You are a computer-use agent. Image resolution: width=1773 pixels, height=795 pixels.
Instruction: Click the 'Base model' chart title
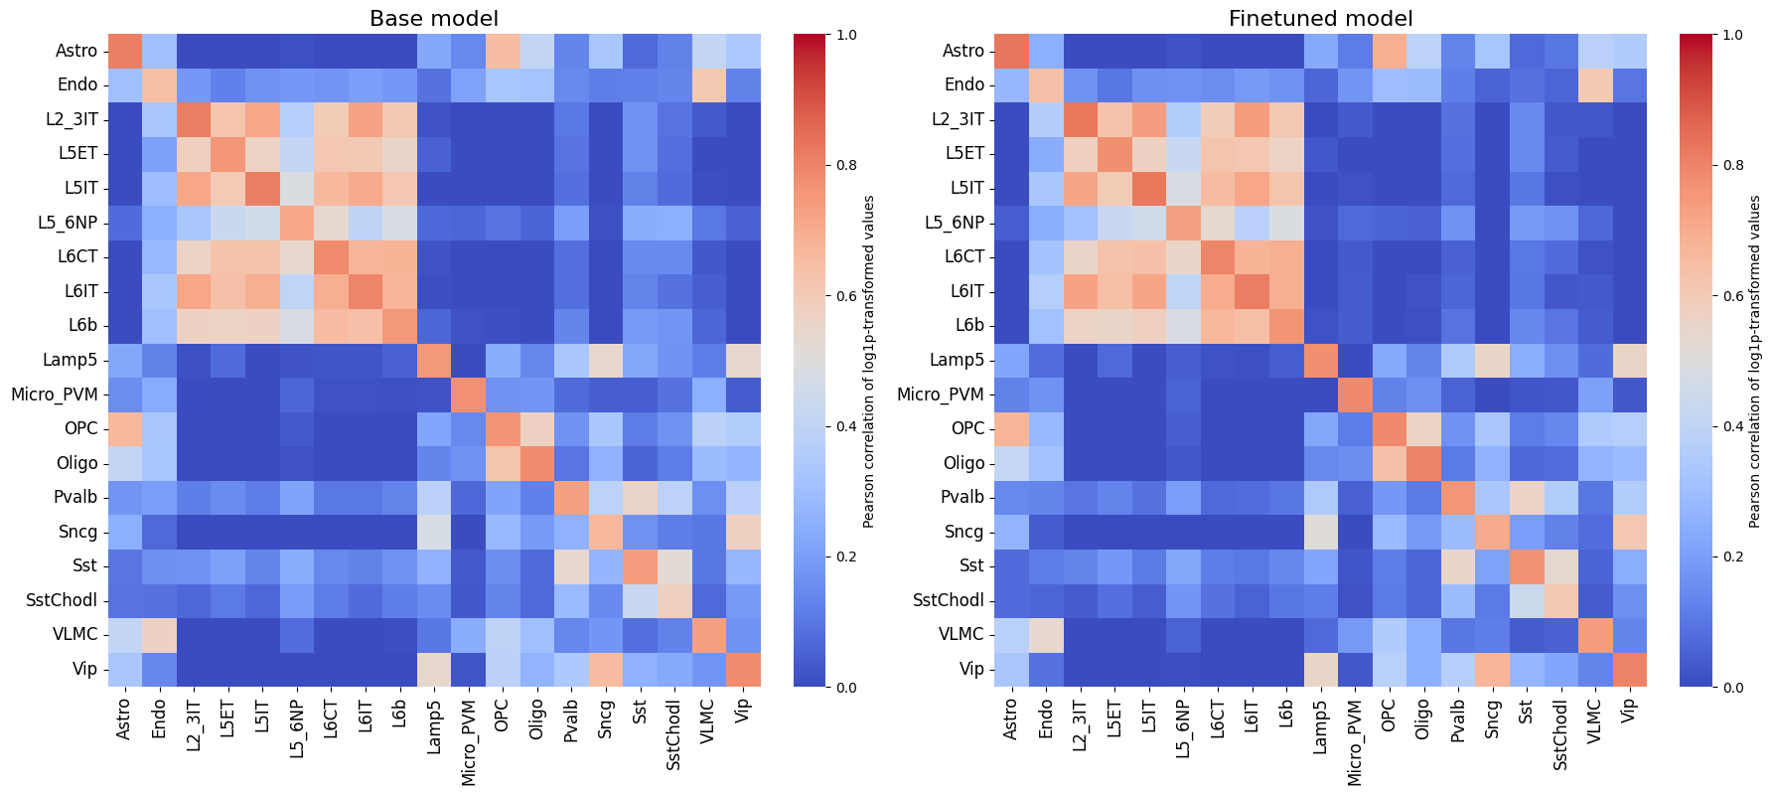(x=433, y=19)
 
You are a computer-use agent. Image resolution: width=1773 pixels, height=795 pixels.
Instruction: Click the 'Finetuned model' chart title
(x=1320, y=19)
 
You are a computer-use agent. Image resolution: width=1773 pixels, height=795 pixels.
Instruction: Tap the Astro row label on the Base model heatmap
(x=75, y=51)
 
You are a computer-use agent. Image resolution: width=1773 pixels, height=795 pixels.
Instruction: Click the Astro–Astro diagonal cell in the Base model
(x=123, y=51)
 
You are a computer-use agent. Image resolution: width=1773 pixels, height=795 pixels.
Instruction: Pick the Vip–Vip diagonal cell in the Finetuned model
(x=1628, y=669)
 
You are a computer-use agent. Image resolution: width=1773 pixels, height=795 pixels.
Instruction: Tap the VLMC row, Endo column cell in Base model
(x=159, y=634)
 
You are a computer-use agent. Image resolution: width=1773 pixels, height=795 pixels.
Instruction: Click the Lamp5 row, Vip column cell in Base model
(x=742, y=360)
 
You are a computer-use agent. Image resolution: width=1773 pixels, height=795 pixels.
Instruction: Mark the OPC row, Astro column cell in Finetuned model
(x=1010, y=428)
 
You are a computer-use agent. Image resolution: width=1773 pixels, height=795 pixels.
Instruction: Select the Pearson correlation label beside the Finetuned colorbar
(x=1755, y=361)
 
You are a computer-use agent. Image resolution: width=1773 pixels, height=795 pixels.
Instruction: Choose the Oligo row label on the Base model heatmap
(x=77, y=463)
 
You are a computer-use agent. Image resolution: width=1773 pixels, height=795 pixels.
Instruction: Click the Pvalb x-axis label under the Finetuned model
(x=1457, y=719)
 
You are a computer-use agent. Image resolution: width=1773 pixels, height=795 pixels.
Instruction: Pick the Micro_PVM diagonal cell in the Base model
(x=467, y=395)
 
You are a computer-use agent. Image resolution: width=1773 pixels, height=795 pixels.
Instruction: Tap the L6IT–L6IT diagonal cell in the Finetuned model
(x=1252, y=291)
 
